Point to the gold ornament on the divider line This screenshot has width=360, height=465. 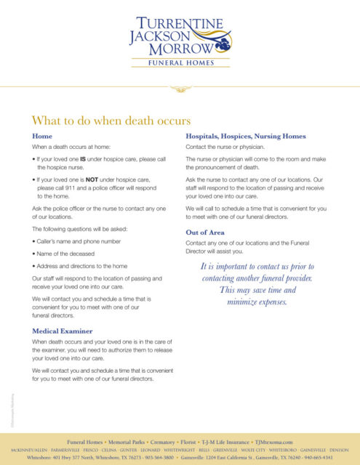180,89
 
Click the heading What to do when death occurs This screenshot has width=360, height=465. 111,120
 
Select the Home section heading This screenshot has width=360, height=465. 41,136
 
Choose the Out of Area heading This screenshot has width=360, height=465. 209,232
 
